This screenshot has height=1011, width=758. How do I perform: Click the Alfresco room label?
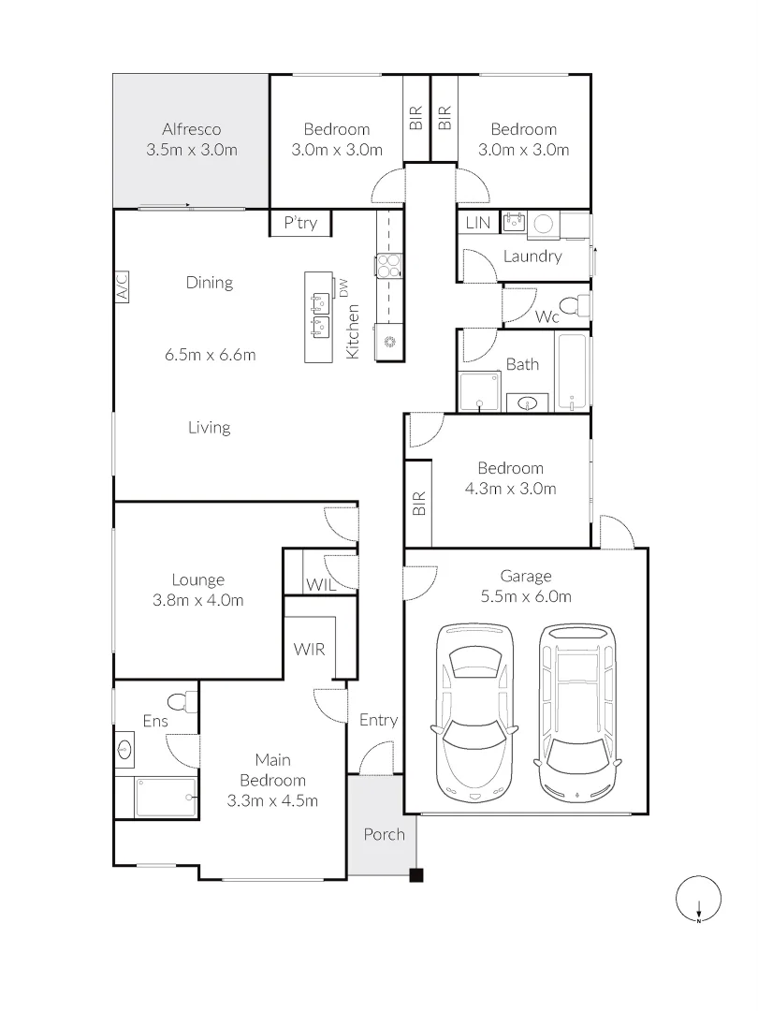tap(192, 129)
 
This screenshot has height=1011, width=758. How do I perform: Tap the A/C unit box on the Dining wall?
tap(122, 286)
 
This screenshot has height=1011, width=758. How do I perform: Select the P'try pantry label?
tap(300, 223)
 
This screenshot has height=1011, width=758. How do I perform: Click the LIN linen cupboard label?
tap(477, 223)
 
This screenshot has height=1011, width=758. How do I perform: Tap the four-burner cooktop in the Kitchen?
tap(388, 266)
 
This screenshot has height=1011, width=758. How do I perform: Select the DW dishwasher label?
tap(343, 287)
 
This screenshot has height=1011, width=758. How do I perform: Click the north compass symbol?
tap(699, 898)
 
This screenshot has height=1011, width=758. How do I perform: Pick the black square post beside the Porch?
tap(417, 875)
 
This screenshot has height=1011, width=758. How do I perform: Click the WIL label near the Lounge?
tap(320, 585)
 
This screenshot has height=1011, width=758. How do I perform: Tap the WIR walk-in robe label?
tap(310, 650)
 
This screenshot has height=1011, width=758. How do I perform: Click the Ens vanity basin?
tap(125, 749)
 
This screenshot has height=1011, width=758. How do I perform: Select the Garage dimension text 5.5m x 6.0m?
tap(526, 596)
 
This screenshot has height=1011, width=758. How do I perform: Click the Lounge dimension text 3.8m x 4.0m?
tap(197, 600)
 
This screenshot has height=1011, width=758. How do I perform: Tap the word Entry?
tap(378, 720)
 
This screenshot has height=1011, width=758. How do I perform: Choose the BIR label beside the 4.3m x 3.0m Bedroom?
tap(419, 504)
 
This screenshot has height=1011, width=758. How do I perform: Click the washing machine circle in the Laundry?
tap(544, 224)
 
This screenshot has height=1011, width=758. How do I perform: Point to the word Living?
tap(210, 428)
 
